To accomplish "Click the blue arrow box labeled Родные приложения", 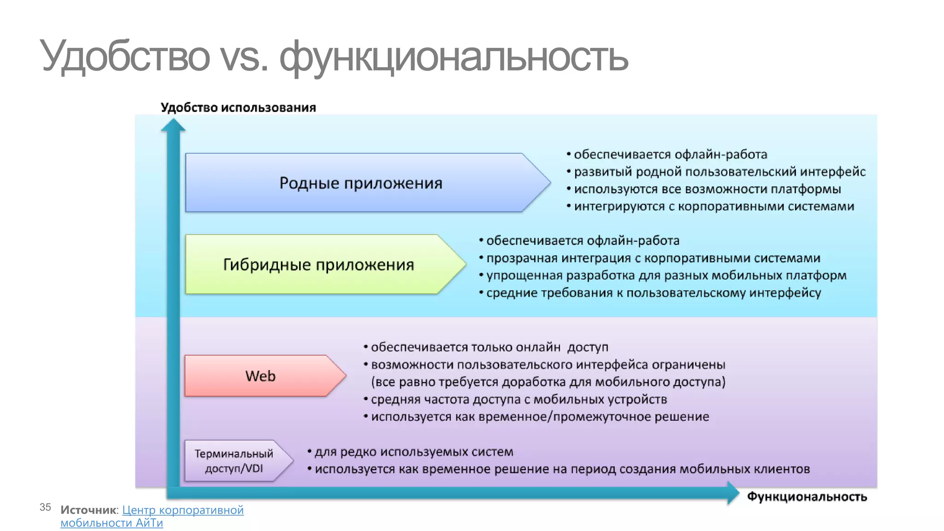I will coord(360,183).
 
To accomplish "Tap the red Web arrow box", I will coord(260,376).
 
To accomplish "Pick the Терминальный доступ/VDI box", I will coord(234,461).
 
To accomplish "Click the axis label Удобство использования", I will coord(238,107).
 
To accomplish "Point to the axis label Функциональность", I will coord(807,497).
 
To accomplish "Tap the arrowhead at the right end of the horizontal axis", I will coord(733,493).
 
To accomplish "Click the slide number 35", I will coord(45,507).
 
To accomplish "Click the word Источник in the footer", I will coord(88,510).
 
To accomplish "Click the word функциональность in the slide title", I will coord(454,56).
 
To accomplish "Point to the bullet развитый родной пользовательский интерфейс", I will coord(719,172).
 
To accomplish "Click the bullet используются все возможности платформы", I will coord(707,189).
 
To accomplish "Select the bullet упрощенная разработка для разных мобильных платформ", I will coord(666,276).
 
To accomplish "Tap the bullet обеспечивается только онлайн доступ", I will coord(489,347).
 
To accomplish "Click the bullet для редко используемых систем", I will coord(413,452).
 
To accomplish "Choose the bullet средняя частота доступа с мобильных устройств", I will coord(519,399).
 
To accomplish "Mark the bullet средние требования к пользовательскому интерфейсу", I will coord(653,293).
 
